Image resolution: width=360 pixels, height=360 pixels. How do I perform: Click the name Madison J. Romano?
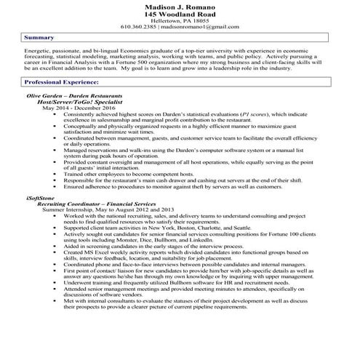[180, 6]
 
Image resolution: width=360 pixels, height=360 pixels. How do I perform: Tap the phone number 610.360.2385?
[139, 27]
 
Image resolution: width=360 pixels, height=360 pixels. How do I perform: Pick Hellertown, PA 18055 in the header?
[180, 20]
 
